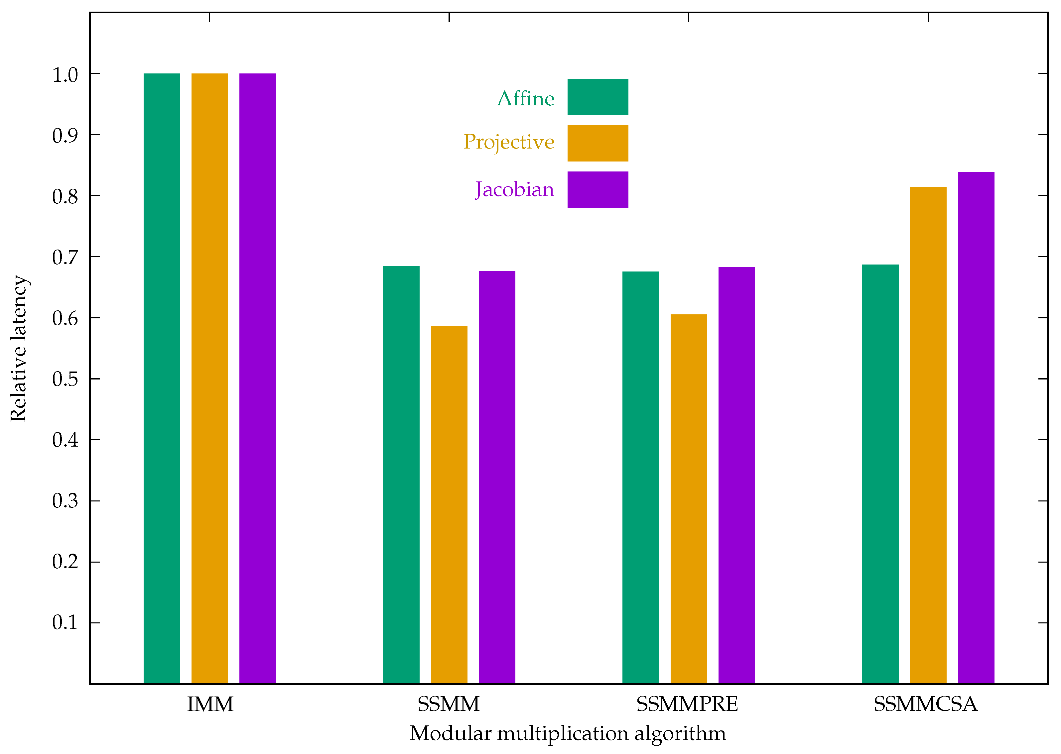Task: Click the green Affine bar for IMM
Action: [162, 378]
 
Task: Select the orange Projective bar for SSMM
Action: [449, 505]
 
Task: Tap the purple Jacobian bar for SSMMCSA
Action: [976, 428]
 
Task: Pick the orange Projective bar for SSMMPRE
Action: [689, 499]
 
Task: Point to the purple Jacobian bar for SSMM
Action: [497, 477]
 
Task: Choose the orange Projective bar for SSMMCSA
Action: [928, 435]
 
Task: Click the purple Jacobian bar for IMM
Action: [257, 378]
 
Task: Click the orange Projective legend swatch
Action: [597, 143]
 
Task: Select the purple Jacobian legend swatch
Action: [597, 189]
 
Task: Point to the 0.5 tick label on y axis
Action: [65, 379]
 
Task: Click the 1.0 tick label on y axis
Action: [65, 75]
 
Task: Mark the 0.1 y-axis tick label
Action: [65, 623]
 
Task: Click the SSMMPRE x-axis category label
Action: [687, 704]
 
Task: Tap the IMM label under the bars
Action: [210, 704]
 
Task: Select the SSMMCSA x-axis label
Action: [925, 704]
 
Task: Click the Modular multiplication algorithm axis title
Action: [568, 734]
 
